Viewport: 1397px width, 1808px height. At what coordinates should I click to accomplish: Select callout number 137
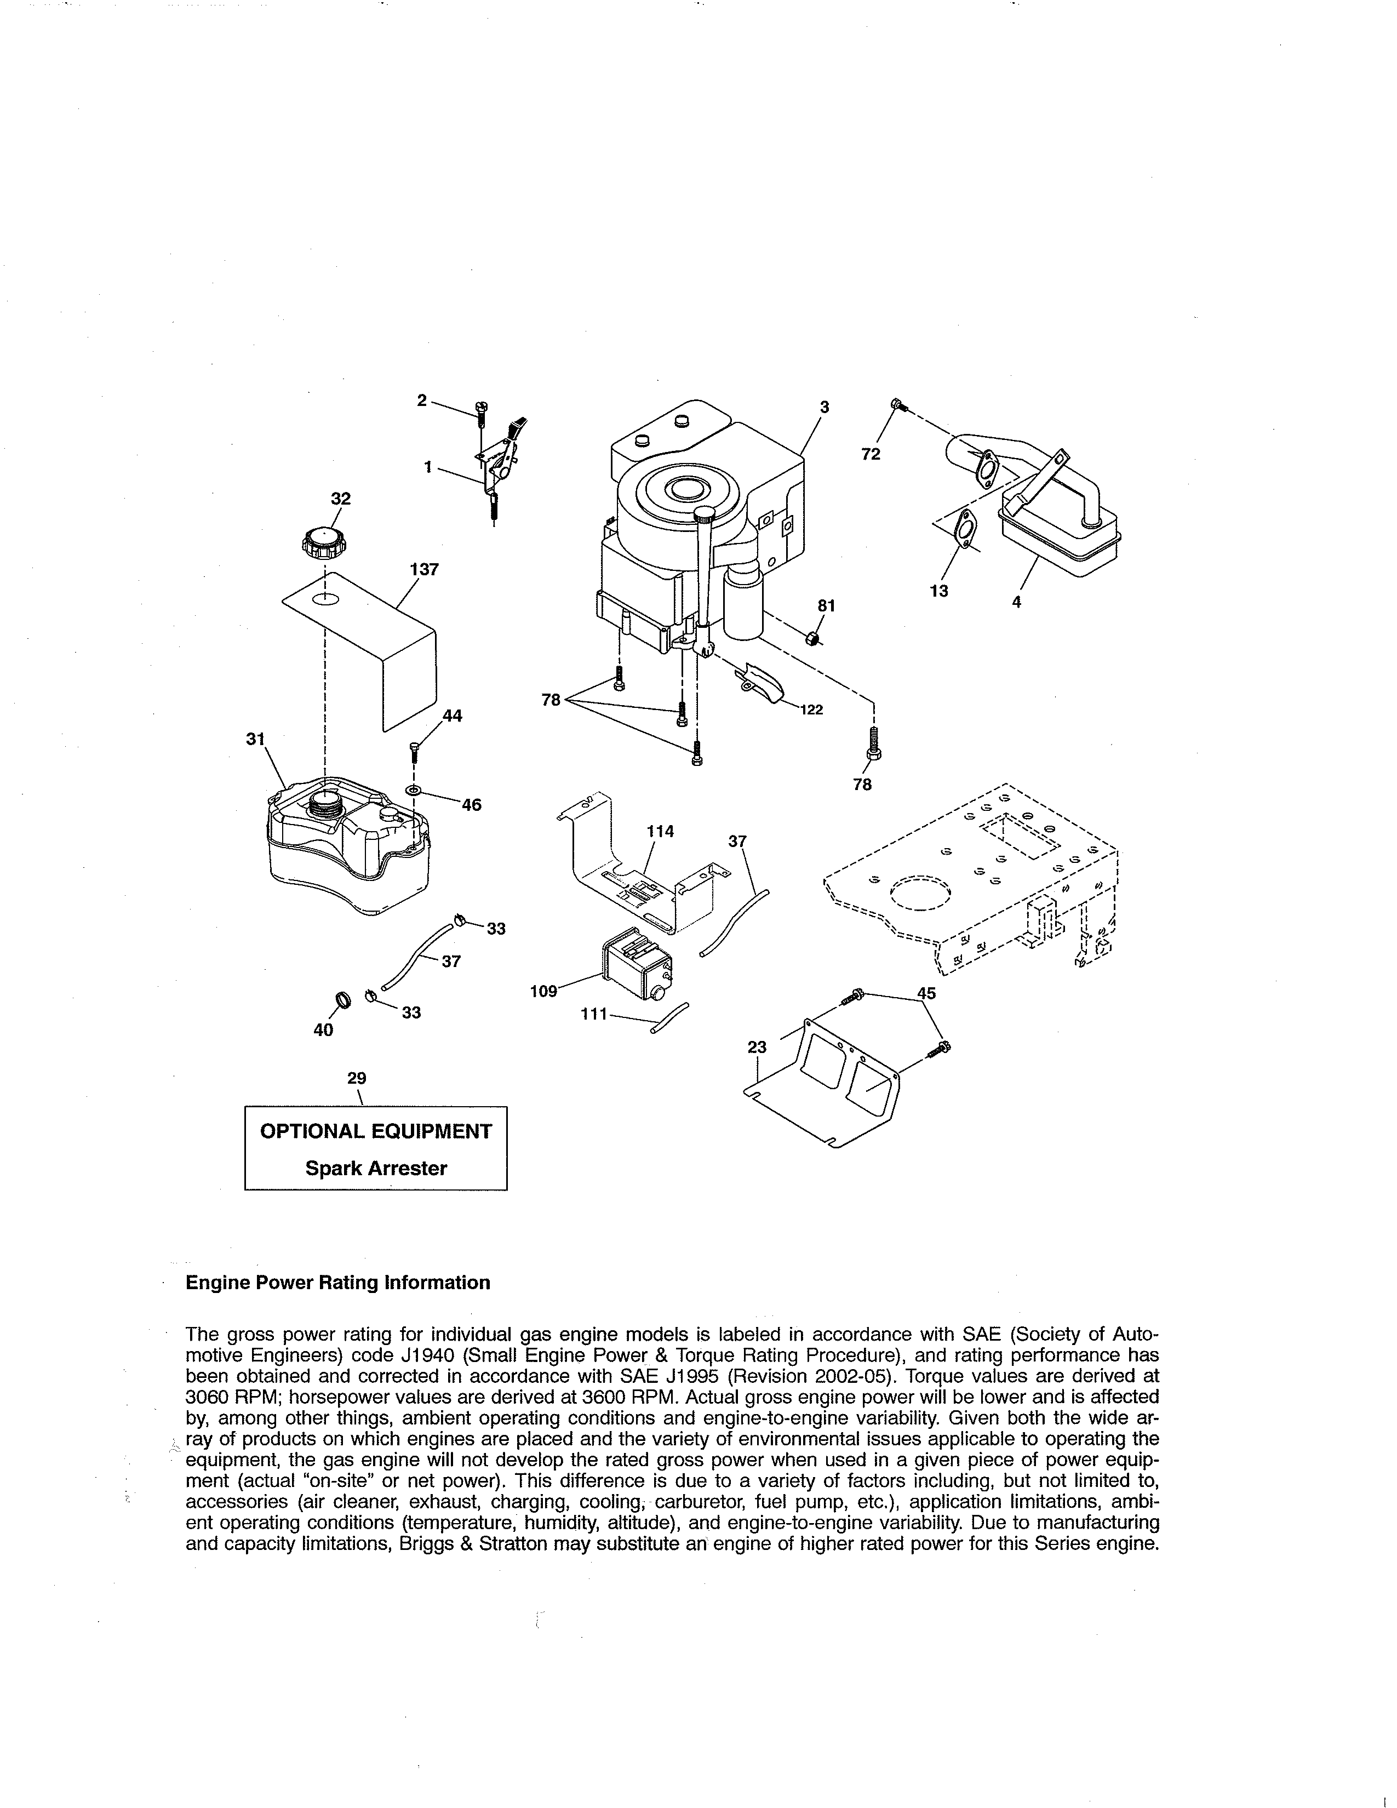pyautogui.click(x=423, y=570)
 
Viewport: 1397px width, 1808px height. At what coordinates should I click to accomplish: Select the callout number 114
pyautogui.click(x=661, y=831)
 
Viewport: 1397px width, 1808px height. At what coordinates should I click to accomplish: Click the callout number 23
pyautogui.click(x=757, y=1047)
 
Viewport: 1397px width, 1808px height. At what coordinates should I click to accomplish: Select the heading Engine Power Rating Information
pyautogui.click(x=337, y=1283)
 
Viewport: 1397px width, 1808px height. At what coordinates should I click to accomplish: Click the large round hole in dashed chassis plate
pyautogui.click(x=920, y=892)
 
